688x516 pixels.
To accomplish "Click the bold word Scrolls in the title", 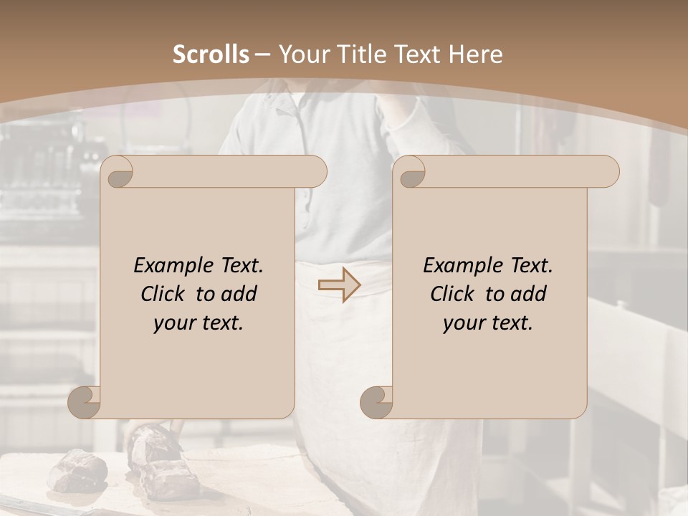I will click(211, 54).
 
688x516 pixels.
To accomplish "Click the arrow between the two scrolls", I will click(340, 285).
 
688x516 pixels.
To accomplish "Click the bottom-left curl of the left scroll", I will click(85, 402).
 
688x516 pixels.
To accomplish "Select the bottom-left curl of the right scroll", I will click(376, 402).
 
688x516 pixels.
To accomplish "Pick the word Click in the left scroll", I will click(162, 294).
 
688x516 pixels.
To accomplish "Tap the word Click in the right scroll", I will click(451, 294).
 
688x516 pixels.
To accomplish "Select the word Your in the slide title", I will click(301, 54).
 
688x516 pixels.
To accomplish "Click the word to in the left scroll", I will click(205, 294).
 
